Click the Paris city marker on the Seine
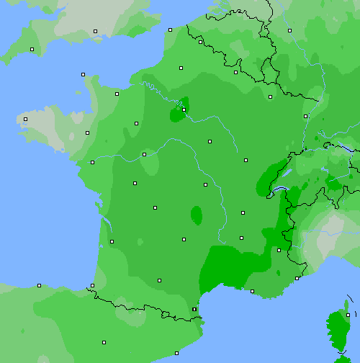pyautogui.click(x=184, y=110)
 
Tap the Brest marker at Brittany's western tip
pyautogui.click(x=25, y=119)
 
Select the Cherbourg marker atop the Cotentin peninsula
pyautogui.click(x=83, y=74)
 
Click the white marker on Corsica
pyautogui.click(x=348, y=315)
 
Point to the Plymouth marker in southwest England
pyautogui.click(x=32, y=49)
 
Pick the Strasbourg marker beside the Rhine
pyautogui.click(x=305, y=116)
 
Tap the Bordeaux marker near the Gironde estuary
pyautogui.click(x=112, y=241)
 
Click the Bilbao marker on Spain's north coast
pyautogui.click(x=39, y=285)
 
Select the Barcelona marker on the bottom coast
pyautogui.click(x=176, y=353)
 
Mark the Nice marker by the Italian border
pyautogui.click(x=297, y=278)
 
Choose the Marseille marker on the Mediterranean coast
pyautogui.click(x=252, y=291)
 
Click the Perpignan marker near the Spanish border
pyautogui.click(x=194, y=309)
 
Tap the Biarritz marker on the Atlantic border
pyautogui.click(x=92, y=287)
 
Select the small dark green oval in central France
pyautogui.click(x=197, y=215)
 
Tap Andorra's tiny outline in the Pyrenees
pyautogui.click(x=168, y=315)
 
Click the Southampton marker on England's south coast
pyautogui.click(x=95, y=31)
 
